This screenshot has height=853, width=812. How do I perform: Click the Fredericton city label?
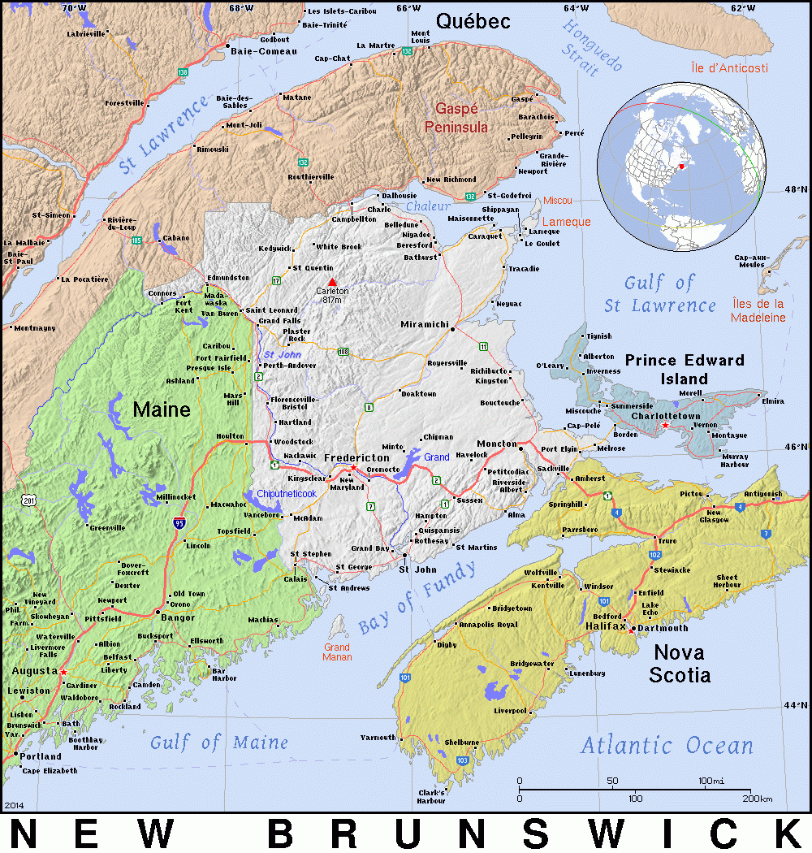pos(356,458)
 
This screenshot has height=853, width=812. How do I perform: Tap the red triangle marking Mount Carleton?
pos(331,282)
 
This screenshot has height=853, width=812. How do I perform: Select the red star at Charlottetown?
pos(665,426)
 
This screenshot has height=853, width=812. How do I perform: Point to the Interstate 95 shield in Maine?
pos(178,523)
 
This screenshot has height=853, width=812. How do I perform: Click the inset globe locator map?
pos(681,166)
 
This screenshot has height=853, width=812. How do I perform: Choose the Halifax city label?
pos(606,626)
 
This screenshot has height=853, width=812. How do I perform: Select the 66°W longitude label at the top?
pos(408,8)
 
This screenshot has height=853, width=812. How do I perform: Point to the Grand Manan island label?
pos(337,652)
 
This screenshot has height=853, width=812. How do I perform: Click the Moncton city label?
pos(495,444)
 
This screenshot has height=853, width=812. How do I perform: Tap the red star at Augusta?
pos(63,672)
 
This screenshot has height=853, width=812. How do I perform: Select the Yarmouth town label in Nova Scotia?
pos(378,738)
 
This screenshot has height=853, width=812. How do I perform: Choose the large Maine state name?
pos(162,409)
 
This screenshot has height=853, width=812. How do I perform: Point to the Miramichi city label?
pos(425,324)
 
